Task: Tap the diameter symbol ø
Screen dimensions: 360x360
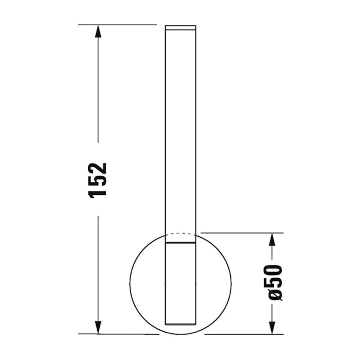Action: click(x=276, y=295)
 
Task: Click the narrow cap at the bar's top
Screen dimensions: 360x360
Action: click(x=180, y=27)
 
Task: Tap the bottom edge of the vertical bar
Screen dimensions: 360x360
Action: click(x=180, y=324)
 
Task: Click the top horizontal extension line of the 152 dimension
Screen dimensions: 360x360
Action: click(x=117, y=25)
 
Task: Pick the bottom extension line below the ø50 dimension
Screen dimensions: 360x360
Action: click(x=243, y=334)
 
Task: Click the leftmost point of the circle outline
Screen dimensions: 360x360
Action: click(x=130, y=283)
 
